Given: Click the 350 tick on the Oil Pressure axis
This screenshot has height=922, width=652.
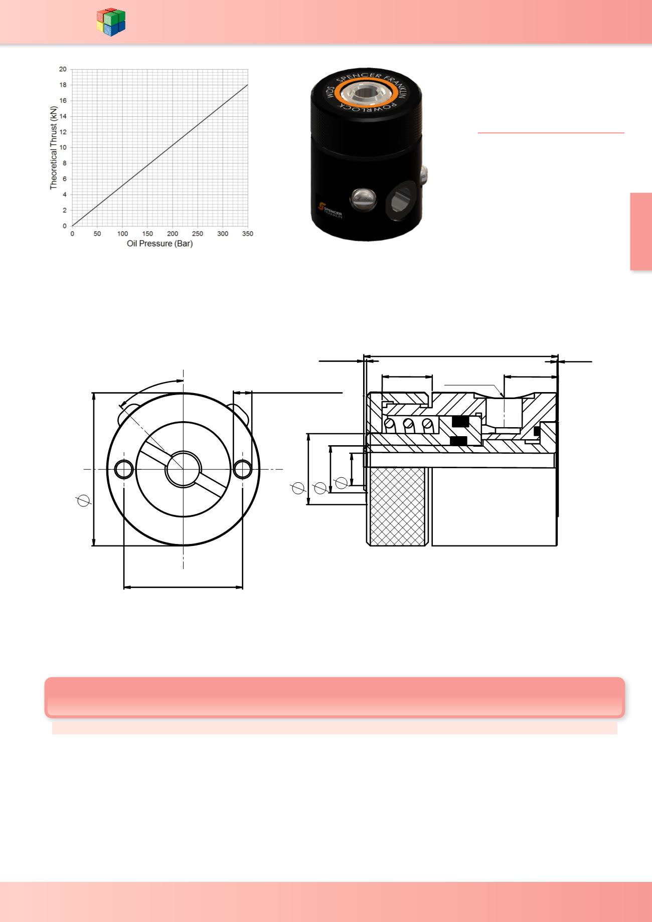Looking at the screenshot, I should [247, 234].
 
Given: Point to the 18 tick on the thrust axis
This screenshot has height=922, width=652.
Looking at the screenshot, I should [63, 85].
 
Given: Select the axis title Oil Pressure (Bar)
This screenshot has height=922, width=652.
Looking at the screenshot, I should [159, 244].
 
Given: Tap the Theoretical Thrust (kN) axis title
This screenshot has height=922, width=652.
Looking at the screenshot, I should [53, 147].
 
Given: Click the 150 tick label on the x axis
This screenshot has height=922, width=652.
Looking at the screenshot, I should [147, 234].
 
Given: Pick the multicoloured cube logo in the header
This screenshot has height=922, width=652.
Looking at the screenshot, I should [111, 22].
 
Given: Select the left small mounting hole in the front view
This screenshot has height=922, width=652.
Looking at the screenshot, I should [124, 470].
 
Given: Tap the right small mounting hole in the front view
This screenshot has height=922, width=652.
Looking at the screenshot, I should [243, 470].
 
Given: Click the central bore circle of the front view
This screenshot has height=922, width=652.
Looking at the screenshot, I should [183, 469].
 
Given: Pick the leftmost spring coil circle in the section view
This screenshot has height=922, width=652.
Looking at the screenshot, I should [389, 424].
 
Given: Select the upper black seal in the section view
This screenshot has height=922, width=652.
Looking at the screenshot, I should [460, 422].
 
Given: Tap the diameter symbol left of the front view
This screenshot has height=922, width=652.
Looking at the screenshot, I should [84, 500].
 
